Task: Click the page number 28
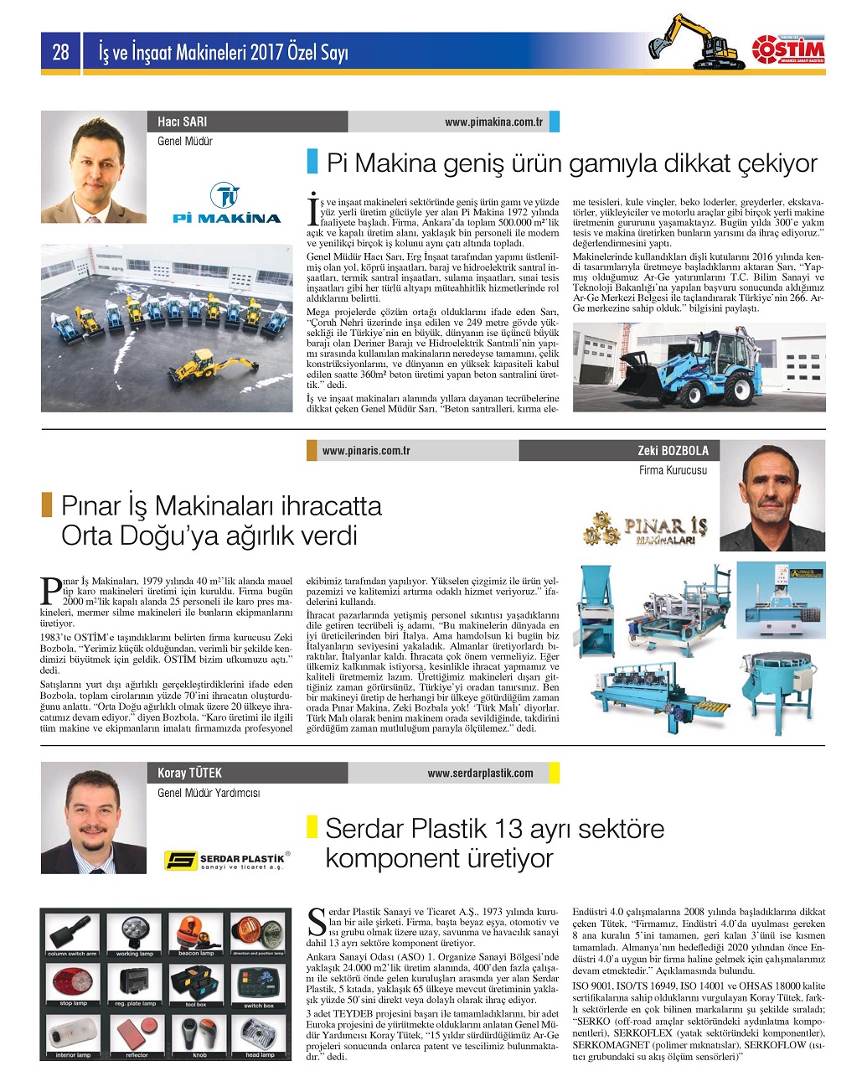click(60, 53)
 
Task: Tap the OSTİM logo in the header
click(787, 49)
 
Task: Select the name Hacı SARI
click(182, 122)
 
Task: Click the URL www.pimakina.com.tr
click(493, 122)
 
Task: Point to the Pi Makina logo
click(226, 204)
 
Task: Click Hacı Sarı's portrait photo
click(94, 167)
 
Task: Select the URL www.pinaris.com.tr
click(366, 451)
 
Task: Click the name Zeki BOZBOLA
click(673, 451)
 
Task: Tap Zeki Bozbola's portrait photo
click(772, 495)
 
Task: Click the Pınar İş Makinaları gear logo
click(645, 528)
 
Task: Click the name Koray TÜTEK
click(190, 773)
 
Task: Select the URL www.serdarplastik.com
click(480, 774)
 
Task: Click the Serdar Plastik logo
click(226, 860)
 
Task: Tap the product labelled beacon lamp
click(196, 932)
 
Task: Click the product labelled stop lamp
click(72, 982)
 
